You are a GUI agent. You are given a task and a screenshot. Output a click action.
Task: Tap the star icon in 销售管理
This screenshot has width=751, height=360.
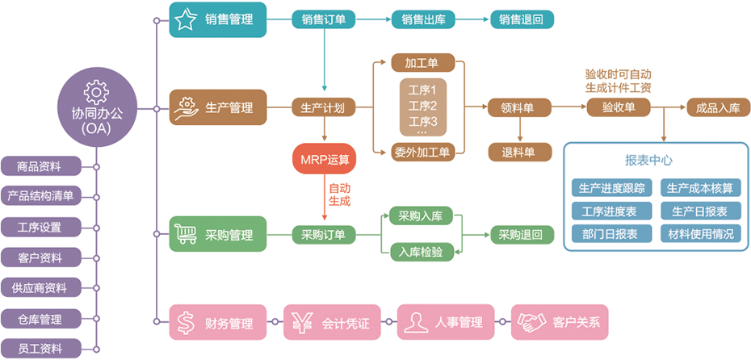click(x=186, y=19)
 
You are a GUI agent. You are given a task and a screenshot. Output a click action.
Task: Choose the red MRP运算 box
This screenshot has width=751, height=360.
click(x=323, y=158)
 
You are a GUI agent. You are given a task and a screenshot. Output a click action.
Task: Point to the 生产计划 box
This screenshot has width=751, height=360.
click(x=323, y=107)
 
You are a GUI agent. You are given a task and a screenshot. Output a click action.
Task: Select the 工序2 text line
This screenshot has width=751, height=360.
click(x=422, y=106)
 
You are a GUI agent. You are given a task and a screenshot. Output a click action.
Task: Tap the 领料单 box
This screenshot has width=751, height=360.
click(x=519, y=107)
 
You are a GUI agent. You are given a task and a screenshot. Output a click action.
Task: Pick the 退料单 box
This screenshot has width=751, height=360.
click(x=519, y=151)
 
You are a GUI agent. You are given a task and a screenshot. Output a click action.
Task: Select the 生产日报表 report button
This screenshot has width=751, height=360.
click(x=700, y=211)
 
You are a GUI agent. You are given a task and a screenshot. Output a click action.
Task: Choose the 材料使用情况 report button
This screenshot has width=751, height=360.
click(x=700, y=234)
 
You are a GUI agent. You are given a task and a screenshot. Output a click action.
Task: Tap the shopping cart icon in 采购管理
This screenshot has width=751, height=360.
click(x=187, y=235)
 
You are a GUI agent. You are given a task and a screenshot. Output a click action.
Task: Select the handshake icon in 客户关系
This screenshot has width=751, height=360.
click(x=531, y=323)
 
